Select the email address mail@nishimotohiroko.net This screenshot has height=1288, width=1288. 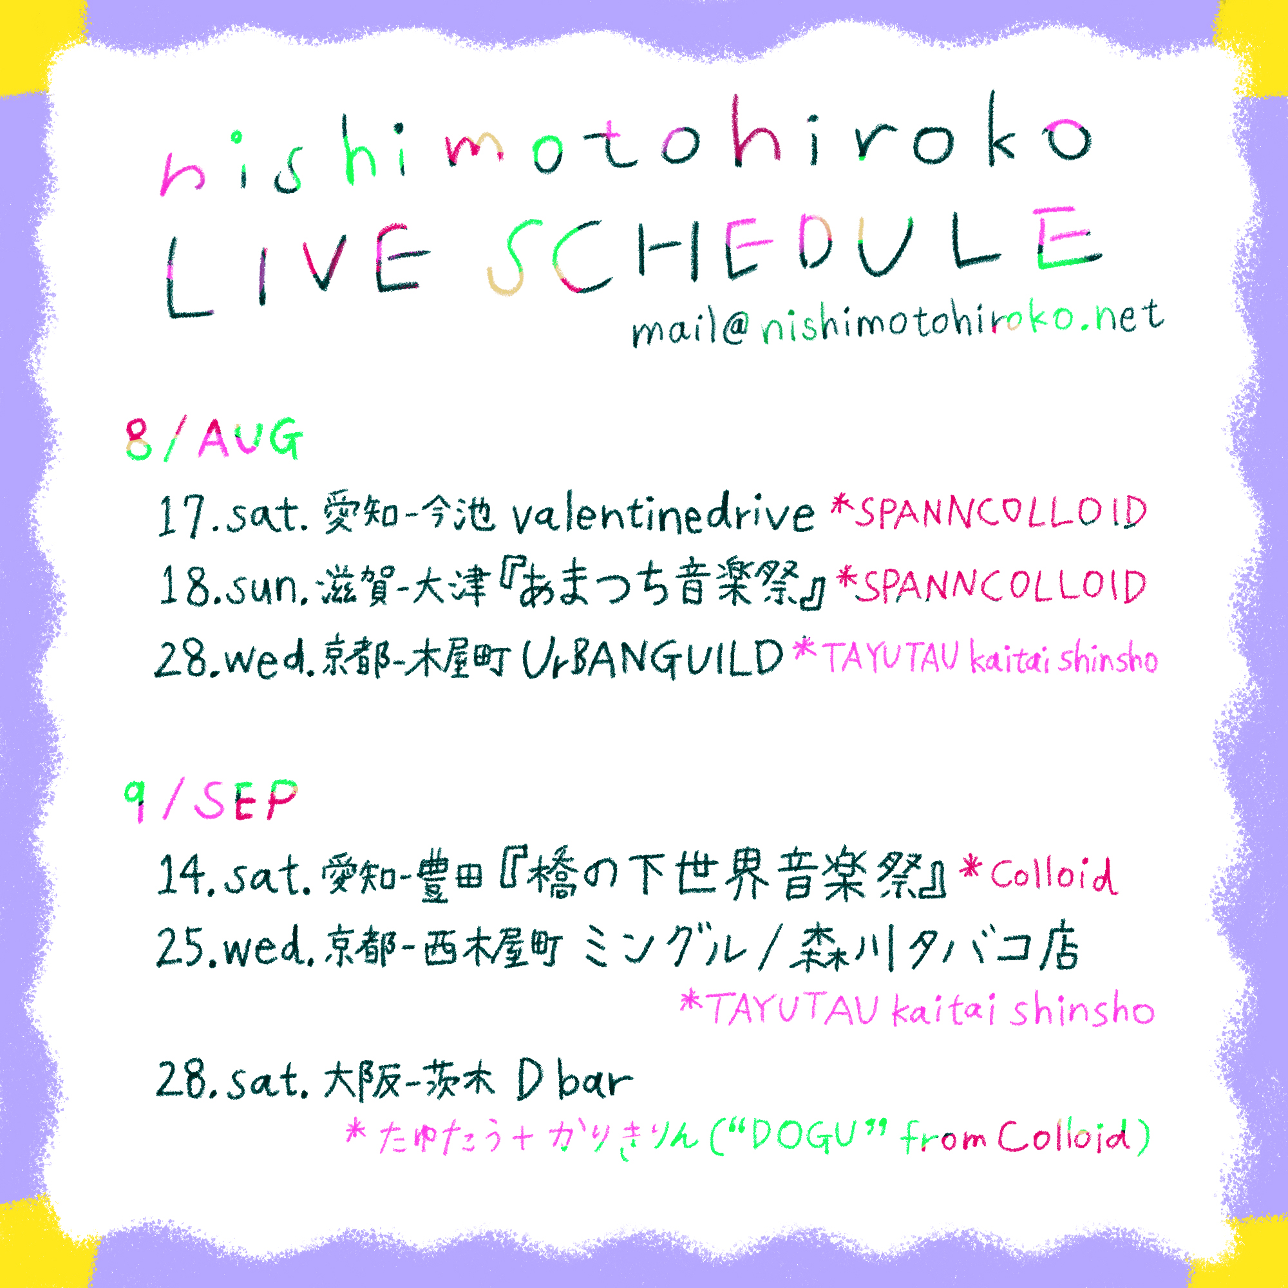[896, 323]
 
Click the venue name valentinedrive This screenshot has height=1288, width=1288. [663, 515]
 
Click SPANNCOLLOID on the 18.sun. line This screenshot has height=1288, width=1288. [1003, 587]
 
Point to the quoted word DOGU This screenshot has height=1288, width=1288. [803, 1135]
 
